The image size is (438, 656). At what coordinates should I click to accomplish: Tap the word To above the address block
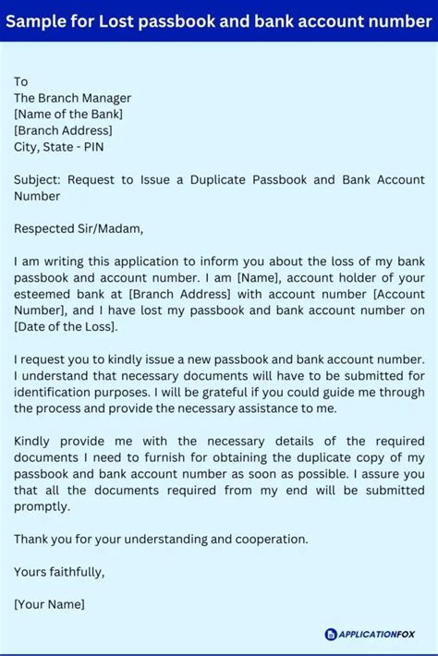(21, 81)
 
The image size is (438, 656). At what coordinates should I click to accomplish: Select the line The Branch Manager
(72, 98)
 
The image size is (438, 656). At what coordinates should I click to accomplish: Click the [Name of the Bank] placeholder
(68, 114)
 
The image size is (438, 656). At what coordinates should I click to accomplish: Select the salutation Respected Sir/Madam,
(79, 228)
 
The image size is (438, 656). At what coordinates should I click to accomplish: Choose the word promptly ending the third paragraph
(42, 506)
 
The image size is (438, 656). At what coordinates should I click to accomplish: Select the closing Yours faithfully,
(59, 572)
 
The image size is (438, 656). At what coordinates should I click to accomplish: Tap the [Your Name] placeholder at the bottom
(49, 604)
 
